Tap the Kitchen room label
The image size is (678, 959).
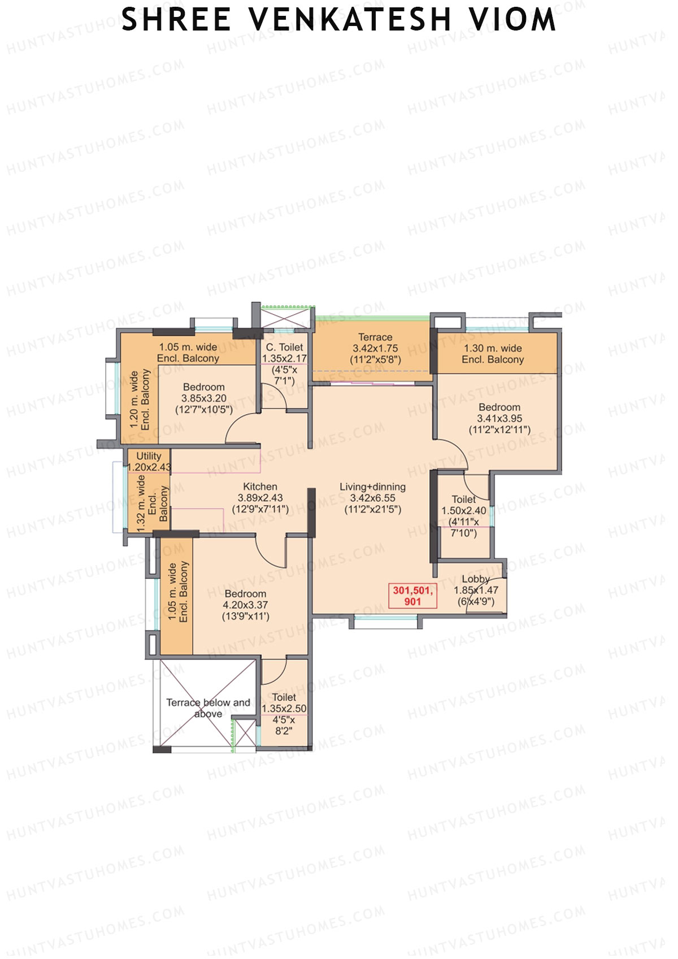260,487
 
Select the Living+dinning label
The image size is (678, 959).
372,487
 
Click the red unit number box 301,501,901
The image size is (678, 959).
412,596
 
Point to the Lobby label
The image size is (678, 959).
475,579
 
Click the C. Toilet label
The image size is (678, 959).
284,347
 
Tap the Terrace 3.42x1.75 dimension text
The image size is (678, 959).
375,349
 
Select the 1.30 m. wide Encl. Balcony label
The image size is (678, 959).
493,354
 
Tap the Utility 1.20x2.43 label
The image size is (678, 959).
149,461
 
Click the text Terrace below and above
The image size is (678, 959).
208,708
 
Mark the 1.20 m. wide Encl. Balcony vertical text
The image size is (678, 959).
140,400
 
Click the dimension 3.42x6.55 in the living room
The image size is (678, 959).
372,498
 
